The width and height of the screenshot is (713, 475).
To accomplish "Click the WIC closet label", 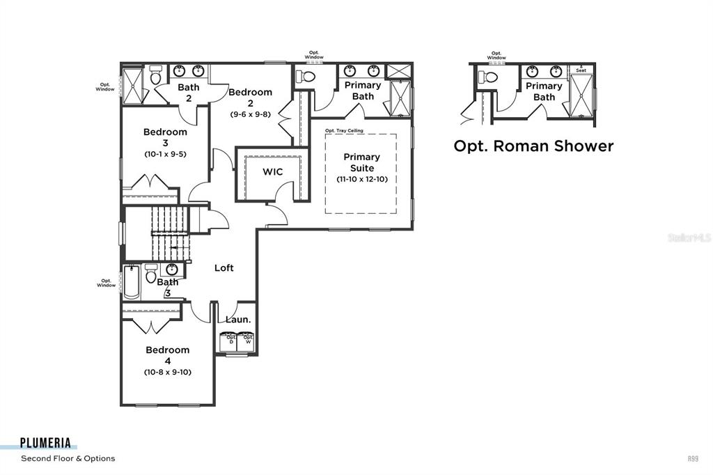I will pyautogui.click(x=272, y=172).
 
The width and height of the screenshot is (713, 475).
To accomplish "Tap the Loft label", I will pyautogui.click(x=224, y=268).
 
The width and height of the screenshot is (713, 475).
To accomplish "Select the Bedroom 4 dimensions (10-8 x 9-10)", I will pyautogui.click(x=168, y=372).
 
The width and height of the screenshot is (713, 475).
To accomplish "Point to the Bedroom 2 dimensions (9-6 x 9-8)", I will pyautogui.click(x=251, y=114).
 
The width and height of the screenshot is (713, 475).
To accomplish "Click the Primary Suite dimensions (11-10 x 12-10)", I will pyautogui.click(x=361, y=179).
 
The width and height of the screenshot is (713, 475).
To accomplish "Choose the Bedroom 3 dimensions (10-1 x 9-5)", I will pyautogui.click(x=166, y=153).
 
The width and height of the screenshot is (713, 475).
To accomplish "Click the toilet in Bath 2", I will pyautogui.click(x=156, y=75).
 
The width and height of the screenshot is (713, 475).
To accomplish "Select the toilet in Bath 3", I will pyautogui.click(x=151, y=274).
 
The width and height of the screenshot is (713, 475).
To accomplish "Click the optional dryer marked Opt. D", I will pyautogui.click(x=228, y=341).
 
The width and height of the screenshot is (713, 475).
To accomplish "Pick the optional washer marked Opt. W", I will pyautogui.click(x=246, y=341).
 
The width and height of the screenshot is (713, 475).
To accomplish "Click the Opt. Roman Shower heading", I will pyautogui.click(x=533, y=146).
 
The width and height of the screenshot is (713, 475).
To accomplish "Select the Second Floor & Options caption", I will pyautogui.click(x=68, y=458).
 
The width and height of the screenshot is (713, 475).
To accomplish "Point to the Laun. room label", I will pyautogui.click(x=238, y=320).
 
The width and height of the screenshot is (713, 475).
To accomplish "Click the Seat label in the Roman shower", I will pyautogui.click(x=581, y=70).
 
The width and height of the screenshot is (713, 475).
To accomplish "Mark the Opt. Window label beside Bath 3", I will pyautogui.click(x=106, y=283).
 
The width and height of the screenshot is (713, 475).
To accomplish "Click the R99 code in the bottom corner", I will pyautogui.click(x=694, y=458).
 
